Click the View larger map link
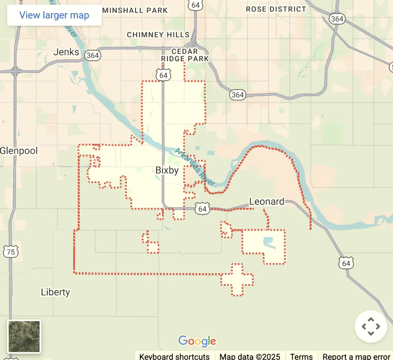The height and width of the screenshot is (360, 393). (x=54, y=15)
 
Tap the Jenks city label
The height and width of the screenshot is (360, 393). (x=66, y=52)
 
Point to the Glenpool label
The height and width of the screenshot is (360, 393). (x=19, y=151)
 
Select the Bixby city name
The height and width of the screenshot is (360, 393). (x=167, y=170)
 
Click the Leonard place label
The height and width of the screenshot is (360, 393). (x=267, y=202)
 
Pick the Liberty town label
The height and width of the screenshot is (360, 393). (x=55, y=292)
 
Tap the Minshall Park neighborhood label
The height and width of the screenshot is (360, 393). (x=135, y=10)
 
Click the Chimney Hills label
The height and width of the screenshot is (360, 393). (x=158, y=35)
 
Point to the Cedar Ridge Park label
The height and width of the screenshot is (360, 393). (x=185, y=55)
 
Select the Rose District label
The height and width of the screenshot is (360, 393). (x=276, y=9)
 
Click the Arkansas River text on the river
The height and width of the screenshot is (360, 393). (x=195, y=167)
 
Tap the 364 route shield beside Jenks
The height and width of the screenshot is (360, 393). (x=93, y=55)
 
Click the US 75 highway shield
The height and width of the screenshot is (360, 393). (x=11, y=252)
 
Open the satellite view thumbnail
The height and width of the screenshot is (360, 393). (x=24, y=336)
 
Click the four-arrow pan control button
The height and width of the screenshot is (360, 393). (x=370, y=326)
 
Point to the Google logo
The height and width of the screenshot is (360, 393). (x=197, y=341)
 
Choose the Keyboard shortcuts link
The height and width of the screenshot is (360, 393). (x=174, y=356)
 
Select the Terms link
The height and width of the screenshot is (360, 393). (x=302, y=356)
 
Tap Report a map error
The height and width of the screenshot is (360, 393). (x=356, y=356)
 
